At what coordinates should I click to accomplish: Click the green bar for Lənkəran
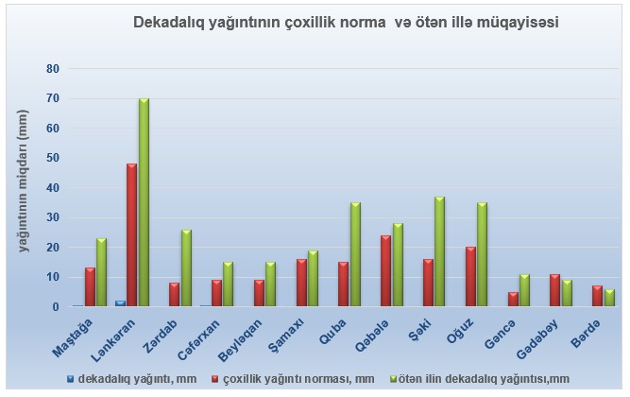pyautogui.click(x=144, y=202)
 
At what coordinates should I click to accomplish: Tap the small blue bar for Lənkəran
pyautogui.click(x=120, y=303)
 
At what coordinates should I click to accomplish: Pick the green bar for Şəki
pyautogui.click(x=440, y=251)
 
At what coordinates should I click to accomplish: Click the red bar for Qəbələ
pyautogui.click(x=385, y=271)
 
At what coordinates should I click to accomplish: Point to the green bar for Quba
pyautogui.click(x=355, y=254)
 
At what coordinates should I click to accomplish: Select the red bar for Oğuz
pyautogui.click(x=470, y=277)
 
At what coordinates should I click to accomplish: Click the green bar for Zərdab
pyautogui.click(x=186, y=268)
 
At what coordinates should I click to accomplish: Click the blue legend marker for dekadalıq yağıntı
pyautogui.click(x=71, y=379)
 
